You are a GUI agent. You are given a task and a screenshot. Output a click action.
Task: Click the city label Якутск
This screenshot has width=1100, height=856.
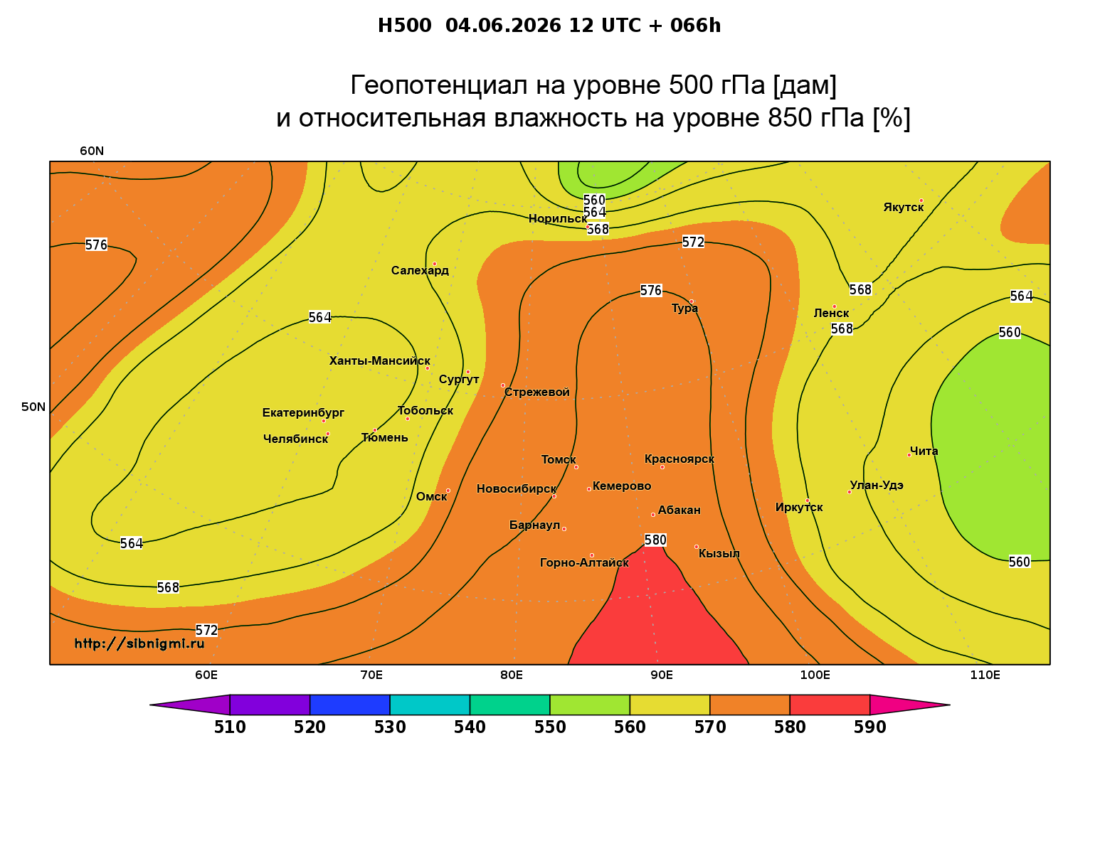[x=903, y=208]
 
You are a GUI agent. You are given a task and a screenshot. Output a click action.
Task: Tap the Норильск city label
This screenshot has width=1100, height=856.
[x=557, y=218]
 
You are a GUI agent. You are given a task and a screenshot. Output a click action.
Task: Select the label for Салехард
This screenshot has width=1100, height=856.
[x=420, y=270]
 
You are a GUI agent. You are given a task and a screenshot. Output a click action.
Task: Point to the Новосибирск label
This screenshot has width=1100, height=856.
[x=517, y=489]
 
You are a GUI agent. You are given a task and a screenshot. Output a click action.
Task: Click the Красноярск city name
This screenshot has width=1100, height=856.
[x=679, y=459]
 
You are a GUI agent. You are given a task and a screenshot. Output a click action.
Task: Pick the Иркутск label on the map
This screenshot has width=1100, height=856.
[x=799, y=507]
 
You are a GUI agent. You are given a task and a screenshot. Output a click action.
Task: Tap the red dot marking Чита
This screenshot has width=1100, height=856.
[x=909, y=455]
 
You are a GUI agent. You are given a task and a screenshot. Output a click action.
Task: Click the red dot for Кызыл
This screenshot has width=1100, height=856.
[x=696, y=547]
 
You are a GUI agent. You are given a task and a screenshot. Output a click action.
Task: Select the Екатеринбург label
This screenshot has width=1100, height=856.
[x=302, y=412]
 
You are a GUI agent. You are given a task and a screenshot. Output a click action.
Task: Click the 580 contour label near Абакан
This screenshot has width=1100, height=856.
[x=655, y=540]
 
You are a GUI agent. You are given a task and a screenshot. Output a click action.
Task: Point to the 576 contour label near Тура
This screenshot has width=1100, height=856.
[x=650, y=290]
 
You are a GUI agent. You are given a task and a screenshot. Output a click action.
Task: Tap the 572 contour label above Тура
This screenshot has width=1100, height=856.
[x=693, y=242]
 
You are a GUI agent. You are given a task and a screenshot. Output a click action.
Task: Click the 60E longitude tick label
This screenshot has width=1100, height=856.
[x=206, y=675]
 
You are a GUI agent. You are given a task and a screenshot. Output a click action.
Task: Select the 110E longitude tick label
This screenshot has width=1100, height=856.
[x=985, y=675]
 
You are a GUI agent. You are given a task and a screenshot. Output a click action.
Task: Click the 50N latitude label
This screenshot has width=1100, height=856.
[x=33, y=407]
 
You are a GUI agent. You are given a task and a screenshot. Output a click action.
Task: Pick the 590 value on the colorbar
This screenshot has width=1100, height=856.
[x=869, y=727]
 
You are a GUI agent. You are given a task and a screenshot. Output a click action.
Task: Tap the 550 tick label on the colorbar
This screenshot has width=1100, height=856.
[x=550, y=727]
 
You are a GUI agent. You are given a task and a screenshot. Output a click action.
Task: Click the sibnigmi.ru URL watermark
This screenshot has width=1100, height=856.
[x=139, y=643]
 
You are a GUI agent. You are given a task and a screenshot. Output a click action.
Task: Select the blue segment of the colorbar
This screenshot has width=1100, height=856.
[x=350, y=705]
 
